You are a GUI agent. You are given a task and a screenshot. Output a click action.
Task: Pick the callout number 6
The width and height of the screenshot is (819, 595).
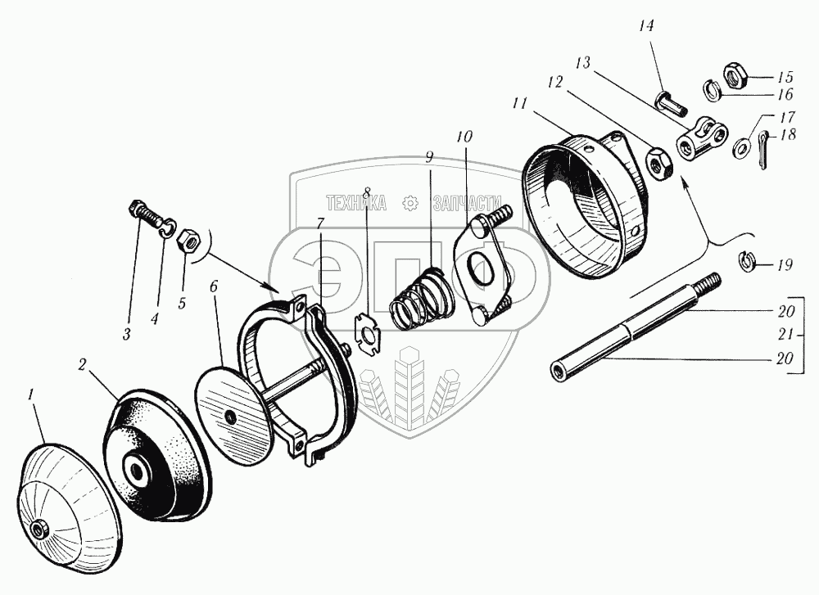click(x=215, y=288)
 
